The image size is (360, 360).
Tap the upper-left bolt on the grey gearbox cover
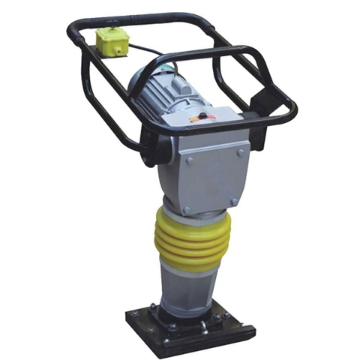point(188,159)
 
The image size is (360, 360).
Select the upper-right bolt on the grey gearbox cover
point(239,151)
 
